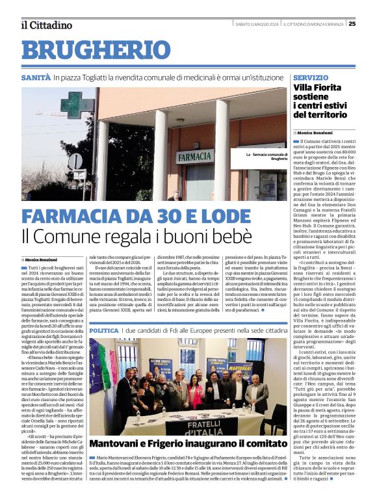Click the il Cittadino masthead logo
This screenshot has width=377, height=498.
(46, 25)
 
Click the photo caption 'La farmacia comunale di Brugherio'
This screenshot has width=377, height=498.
(266, 157)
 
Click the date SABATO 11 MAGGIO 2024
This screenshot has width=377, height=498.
(257, 24)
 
